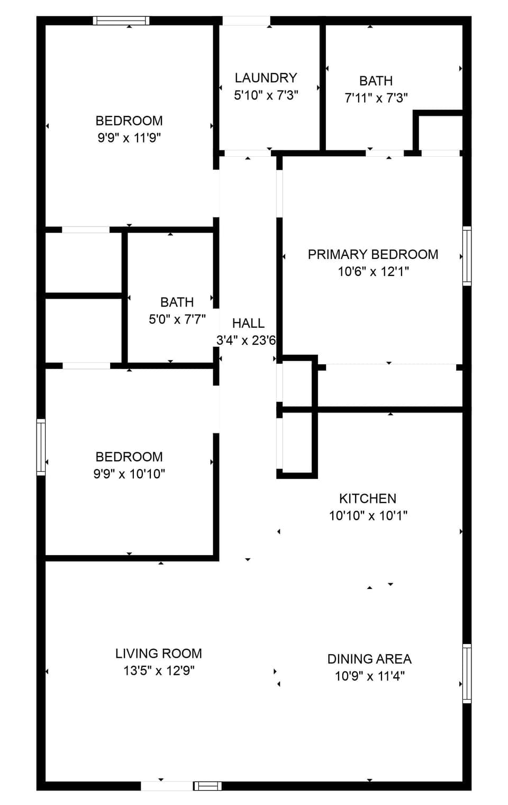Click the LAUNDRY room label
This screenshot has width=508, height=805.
(x=266, y=78)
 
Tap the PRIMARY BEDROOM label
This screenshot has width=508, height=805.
(x=373, y=254)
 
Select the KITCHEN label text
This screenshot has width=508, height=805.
(x=367, y=498)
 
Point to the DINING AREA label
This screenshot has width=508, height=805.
(x=369, y=659)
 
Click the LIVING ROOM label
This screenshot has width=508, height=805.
(x=158, y=654)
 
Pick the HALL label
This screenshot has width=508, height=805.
(x=248, y=323)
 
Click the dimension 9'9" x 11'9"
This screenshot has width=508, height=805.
(x=129, y=138)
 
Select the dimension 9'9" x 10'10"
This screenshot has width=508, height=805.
(x=129, y=474)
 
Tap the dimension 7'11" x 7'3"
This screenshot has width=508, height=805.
(x=376, y=98)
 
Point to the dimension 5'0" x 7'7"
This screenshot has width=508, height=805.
(x=177, y=319)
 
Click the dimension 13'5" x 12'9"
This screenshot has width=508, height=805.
(x=159, y=670)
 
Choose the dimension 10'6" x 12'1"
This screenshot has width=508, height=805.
(x=373, y=272)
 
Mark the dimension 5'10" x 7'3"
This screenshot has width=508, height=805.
(x=266, y=95)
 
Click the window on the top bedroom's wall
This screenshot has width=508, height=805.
(x=121, y=21)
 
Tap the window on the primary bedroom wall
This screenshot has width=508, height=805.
(x=467, y=256)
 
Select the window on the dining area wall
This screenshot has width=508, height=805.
(x=467, y=673)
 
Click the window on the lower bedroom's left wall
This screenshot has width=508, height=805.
(x=41, y=447)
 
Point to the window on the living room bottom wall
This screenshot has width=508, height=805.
(x=207, y=786)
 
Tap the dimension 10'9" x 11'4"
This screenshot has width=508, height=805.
(x=369, y=676)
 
